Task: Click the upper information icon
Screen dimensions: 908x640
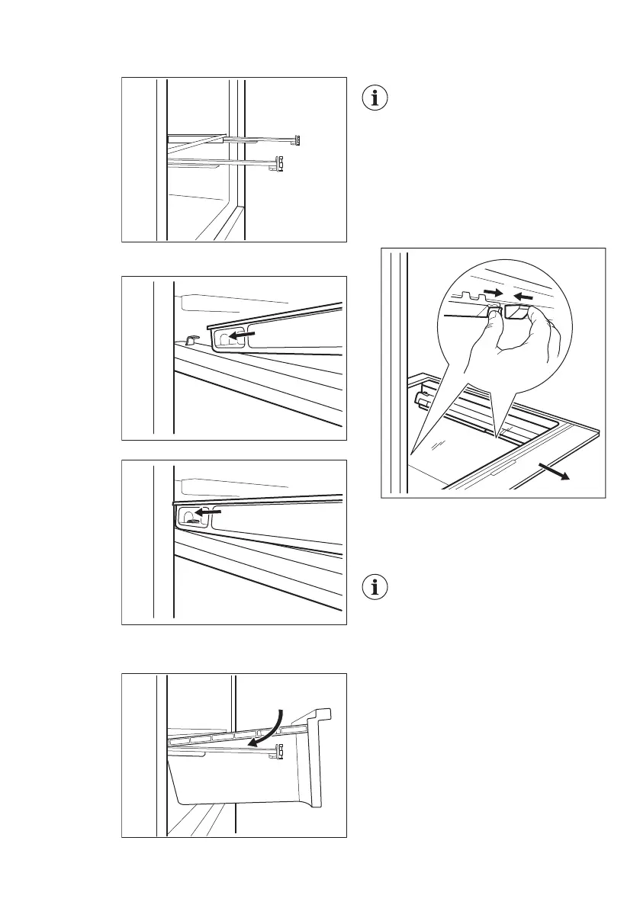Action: (374, 99)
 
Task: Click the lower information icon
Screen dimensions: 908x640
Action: (374, 588)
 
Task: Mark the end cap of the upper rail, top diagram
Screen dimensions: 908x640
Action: (299, 140)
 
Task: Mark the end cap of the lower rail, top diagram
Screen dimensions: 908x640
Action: (281, 162)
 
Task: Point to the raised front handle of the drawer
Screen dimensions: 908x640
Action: (319, 717)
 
